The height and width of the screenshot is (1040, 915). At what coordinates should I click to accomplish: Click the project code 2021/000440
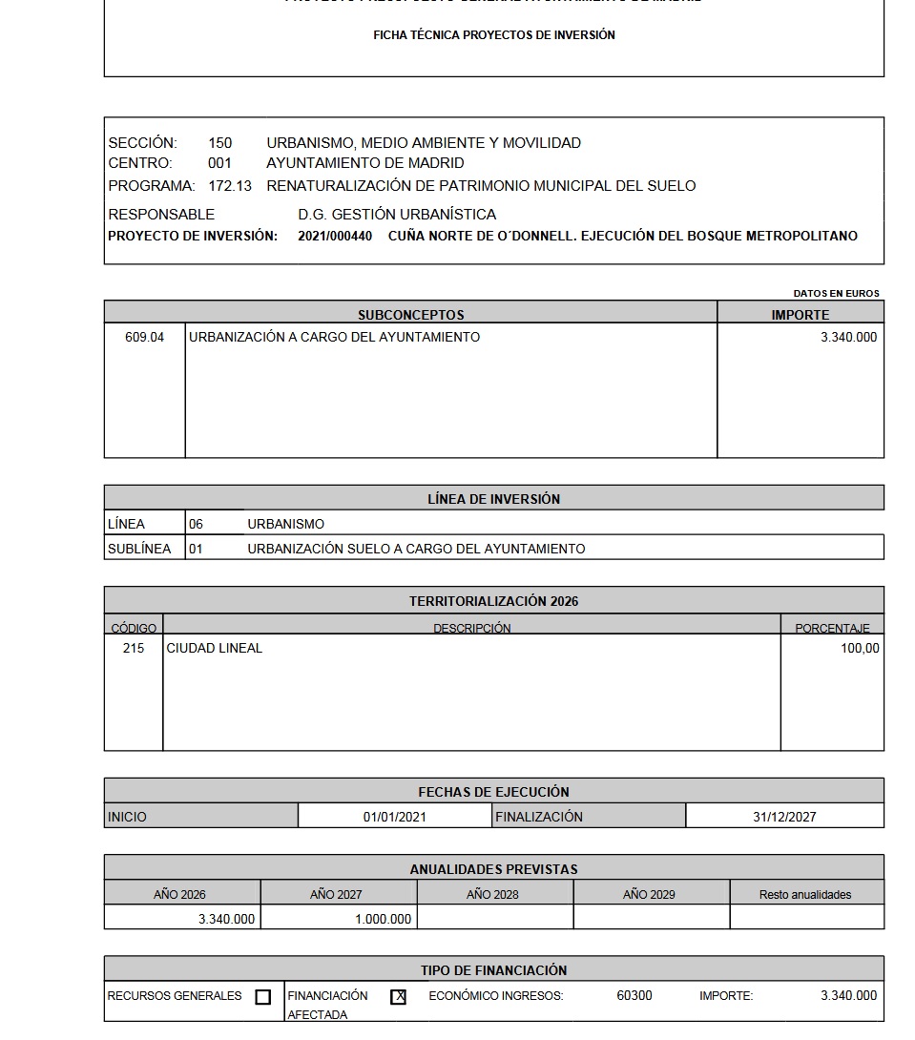click(335, 236)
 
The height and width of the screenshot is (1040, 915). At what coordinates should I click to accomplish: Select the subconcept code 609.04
click(144, 337)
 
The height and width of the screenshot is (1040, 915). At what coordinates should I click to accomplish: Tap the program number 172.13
click(230, 186)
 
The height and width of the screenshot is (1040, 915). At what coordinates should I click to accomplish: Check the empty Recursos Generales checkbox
click(263, 997)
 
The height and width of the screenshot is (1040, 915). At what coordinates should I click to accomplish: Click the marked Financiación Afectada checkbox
click(398, 997)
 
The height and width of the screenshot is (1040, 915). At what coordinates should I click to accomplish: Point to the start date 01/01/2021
click(395, 817)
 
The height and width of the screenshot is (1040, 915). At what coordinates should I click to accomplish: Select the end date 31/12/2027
click(784, 817)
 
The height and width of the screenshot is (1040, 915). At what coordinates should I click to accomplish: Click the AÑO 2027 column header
click(336, 894)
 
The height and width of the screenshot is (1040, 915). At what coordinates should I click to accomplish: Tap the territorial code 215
click(134, 648)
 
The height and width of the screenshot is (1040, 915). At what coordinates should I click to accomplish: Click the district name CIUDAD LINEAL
click(215, 648)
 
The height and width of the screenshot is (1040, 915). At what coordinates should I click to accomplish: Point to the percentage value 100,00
click(860, 648)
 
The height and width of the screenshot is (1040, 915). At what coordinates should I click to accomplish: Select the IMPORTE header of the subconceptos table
click(801, 315)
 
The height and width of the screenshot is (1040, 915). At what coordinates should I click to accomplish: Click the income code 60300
click(634, 995)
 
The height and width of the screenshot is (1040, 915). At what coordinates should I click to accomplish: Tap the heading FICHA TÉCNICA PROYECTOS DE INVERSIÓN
click(494, 35)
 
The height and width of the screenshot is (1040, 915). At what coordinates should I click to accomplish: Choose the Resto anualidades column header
click(805, 894)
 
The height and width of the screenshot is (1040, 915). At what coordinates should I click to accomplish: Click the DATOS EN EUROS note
click(836, 293)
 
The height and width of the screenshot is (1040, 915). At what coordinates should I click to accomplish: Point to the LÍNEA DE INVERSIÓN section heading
click(494, 498)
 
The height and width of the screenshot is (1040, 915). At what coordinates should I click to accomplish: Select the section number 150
click(220, 143)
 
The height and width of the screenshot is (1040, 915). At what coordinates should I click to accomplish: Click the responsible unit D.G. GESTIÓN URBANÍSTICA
click(397, 215)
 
